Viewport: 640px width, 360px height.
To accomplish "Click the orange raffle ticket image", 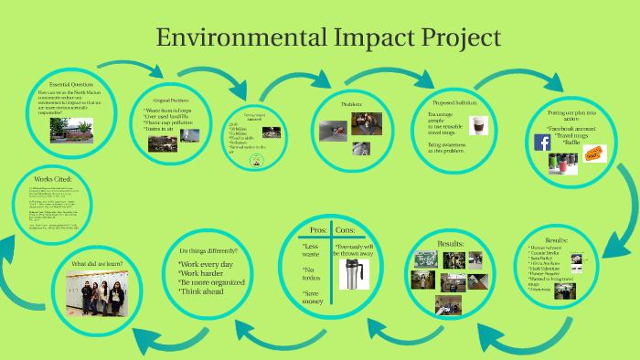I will pyautogui.click(x=595, y=154).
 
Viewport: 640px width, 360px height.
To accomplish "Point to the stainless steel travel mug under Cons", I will pyautogui.click(x=353, y=273).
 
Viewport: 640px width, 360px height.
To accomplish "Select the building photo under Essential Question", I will pyautogui.click(x=53, y=131).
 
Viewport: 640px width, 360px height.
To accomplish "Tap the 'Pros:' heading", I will pyautogui.click(x=318, y=229).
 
